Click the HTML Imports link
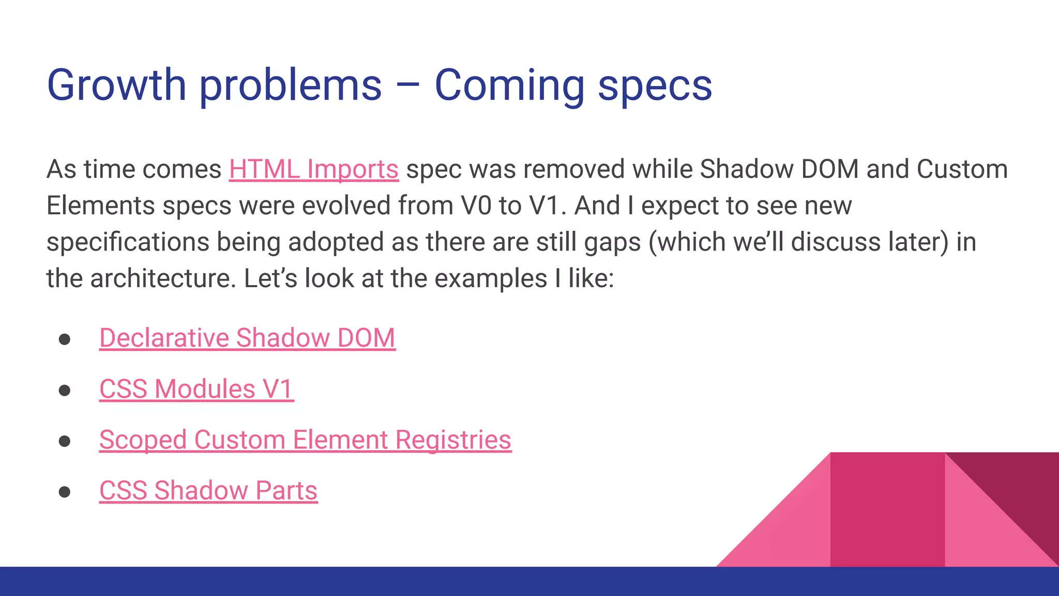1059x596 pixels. (313, 169)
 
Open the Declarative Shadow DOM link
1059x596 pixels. (247, 338)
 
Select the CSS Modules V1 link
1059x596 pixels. (196, 389)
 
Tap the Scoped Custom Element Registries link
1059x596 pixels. (305, 440)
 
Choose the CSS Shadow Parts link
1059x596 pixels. (208, 490)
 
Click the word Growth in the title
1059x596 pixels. (116, 85)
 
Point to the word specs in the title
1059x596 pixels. (655, 85)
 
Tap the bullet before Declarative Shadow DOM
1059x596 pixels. (65, 339)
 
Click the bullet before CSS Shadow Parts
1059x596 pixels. (65, 491)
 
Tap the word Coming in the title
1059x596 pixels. (509, 85)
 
